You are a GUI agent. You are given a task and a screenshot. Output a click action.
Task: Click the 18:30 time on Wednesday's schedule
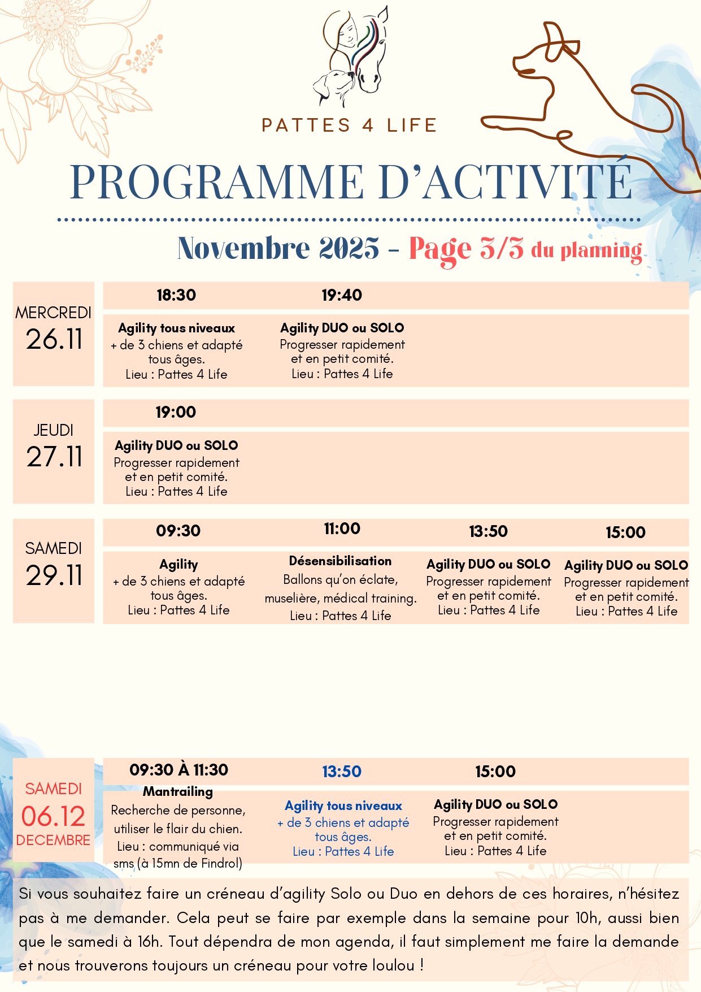[x=176, y=295]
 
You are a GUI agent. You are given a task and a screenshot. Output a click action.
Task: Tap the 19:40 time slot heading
[x=342, y=295]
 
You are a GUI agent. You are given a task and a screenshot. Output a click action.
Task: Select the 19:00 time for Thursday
[x=176, y=413]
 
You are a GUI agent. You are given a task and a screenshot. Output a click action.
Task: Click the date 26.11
[x=54, y=340]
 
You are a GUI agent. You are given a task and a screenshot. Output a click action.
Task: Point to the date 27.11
[x=54, y=457]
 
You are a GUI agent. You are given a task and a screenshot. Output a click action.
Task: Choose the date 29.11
[x=54, y=576]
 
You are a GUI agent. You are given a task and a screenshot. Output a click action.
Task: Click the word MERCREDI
[x=53, y=313]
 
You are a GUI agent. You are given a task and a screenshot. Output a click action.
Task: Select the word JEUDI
[x=53, y=430]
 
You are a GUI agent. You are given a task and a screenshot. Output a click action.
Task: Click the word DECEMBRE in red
[x=53, y=841]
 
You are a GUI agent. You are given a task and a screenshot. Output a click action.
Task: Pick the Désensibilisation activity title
[x=340, y=561]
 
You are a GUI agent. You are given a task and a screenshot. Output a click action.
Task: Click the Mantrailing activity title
[x=178, y=792]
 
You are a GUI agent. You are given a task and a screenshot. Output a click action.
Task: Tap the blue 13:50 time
[x=342, y=772]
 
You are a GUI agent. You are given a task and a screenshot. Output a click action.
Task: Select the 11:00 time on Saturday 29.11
[x=342, y=529]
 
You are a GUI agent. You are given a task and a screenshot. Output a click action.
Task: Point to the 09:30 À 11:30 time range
[x=178, y=770]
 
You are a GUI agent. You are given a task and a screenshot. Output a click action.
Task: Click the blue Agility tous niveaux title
[x=343, y=806]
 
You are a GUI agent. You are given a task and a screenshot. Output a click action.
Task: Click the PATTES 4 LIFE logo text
[x=350, y=125]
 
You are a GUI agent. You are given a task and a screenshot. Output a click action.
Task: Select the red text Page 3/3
[x=466, y=249]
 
